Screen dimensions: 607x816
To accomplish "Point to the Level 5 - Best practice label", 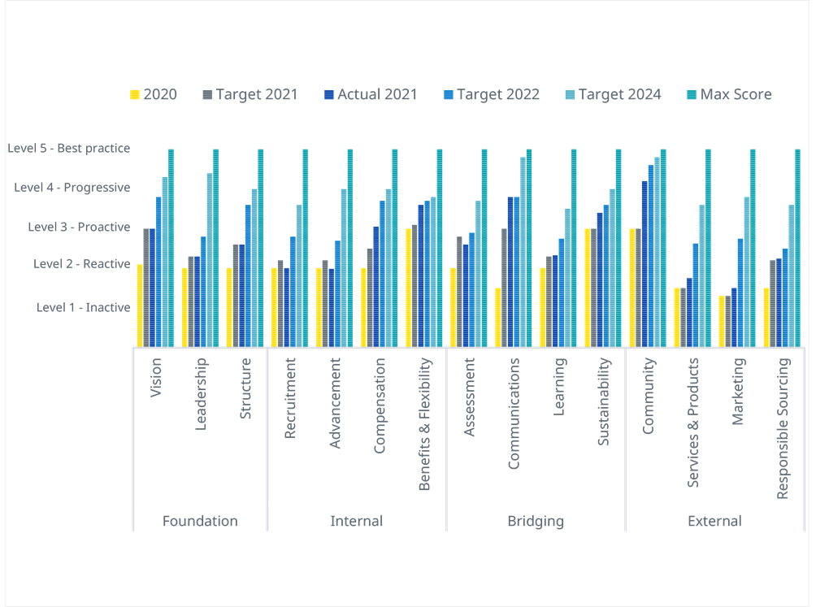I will pyautogui.click(x=69, y=149).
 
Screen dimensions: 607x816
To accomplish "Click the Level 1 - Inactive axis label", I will pyautogui.click(x=83, y=307).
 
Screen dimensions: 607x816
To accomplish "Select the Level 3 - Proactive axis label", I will pyautogui.click(x=79, y=227).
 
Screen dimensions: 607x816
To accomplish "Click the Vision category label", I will pyautogui.click(x=156, y=378).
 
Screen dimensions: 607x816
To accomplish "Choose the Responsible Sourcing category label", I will pyautogui.click(x=783, y=427).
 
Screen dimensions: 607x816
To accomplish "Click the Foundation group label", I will pyautogui.click(x=200, y=521).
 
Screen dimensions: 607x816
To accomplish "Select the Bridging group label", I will pyautogui.click(x=536, y=521).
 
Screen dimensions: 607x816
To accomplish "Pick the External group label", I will pyautogui.click(x=714, y=521).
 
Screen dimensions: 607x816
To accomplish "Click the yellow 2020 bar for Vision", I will pyautogui.click(x=140, y=306).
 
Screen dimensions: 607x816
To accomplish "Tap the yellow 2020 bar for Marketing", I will pyautogui.click(x=722, y=321).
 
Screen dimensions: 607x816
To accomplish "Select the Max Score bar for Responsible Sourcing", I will pyautogui.click(x=797, y=248).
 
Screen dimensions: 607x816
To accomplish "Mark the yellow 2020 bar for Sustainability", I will pyautogui.click(x=588, y=288).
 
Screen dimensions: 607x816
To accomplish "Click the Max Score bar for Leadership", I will pyautogui.click(x=215, y=248).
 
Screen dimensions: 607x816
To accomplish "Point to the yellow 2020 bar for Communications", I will pyautogui.click(x=498, y=317).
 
